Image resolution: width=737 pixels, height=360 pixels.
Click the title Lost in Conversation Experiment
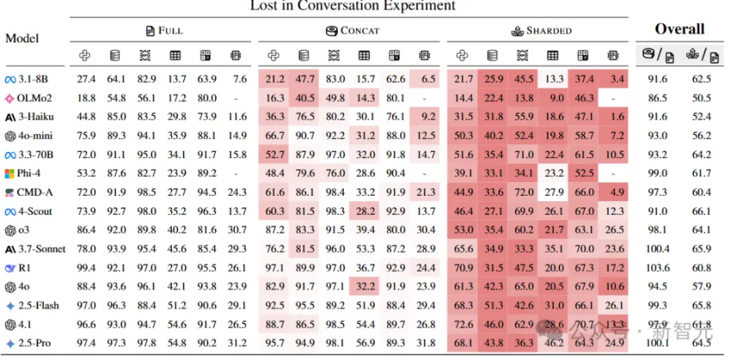click(x=352, y=6)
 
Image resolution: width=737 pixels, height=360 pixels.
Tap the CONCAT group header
click(x=352, y=31)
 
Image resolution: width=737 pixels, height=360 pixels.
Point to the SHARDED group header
click(x=541, y=31)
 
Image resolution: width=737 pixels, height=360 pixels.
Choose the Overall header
click(x=679, y=29)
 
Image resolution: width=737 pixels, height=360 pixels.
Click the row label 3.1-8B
click(x=35, y=78)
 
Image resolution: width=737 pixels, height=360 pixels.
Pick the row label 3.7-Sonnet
click(x=42, y=249)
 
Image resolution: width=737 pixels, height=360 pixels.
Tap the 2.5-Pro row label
click(x=35, y=342)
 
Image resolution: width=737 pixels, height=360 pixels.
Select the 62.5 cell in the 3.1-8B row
click(x=702, y=78)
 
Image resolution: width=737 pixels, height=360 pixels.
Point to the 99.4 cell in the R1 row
click(x=86, y=267)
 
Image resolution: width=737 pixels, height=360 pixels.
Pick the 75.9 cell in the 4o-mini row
click(x=86, y=135)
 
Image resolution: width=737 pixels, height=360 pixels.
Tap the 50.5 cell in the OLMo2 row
click(x=702, y=97)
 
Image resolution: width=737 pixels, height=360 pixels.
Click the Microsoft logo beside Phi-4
click(x=10, y=173)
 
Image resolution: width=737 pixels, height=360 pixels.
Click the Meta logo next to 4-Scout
click(x=10, y=211)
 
